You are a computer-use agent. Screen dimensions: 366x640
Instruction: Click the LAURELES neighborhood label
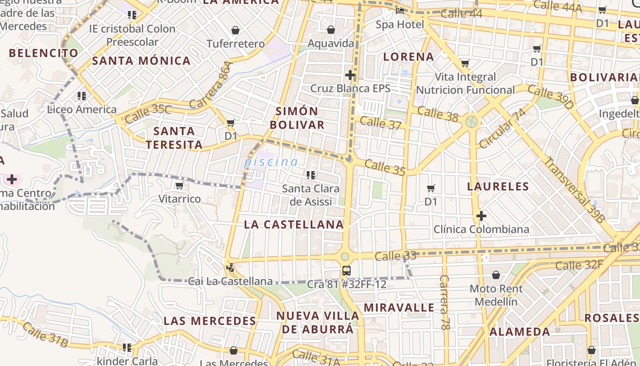pyautogui.click(x=498, y=186)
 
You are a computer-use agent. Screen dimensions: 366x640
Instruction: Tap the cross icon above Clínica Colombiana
pyautogui.click(x=481, y=215)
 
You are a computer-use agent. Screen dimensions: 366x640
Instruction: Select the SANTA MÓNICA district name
pyautogui.click(x=141, y=60)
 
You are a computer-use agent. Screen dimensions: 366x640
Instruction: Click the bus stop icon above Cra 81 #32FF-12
pyautogui.click(x=347, y=270)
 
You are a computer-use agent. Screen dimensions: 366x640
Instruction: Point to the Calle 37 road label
pyautogui.click(x=380, y=123)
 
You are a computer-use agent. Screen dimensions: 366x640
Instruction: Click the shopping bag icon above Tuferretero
pyautogui.click(x=235, y=31)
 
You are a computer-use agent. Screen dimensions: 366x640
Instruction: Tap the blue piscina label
pyautogui.click(x=271, y=161)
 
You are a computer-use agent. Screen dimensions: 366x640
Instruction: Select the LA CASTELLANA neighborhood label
pyautogui.click(x=293, y=224)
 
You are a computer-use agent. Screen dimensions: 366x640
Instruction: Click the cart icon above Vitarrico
pyautogui.click(x=179, y=185)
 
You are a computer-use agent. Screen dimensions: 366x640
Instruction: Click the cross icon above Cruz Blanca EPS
pyautogui.click(x=350, y=75)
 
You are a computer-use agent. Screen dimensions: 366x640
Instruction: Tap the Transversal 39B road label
pyautogui.click(x=575, y=190)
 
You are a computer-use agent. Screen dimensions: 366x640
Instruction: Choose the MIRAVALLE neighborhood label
pyautogui.click(x=399, y=307)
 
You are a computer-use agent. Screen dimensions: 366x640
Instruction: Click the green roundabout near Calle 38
pyautogui.click(x=471, y=122)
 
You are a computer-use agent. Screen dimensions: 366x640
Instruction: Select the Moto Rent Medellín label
pyautogui.click(x=496, y=295)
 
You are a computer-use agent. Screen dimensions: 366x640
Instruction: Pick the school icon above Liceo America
pyautogui.click(x=82, y=96)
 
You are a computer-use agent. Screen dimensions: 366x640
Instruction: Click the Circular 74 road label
pyautogui.click(x=502, y=129)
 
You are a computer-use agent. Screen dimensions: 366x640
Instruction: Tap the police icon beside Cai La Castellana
pyautogui.click(x=230, y=267)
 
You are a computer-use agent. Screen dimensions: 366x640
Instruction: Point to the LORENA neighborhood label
pyautogui.click(x=408, y=57)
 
